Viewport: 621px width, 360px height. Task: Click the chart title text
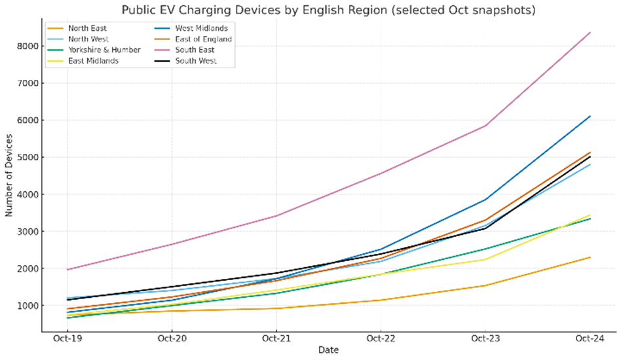328,10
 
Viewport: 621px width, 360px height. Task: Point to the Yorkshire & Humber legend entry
104,50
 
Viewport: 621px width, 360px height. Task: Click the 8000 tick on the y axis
29,46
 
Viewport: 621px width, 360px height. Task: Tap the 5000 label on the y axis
29,158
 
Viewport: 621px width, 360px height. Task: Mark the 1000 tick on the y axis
29,306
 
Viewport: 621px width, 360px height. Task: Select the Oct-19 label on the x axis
67,338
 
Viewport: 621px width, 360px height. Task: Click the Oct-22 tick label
380,338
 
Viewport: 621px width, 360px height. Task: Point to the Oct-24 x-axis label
589,338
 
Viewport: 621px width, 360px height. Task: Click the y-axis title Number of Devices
9,175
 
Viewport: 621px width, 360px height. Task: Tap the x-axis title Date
328,351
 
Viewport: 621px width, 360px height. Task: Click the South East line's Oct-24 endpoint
590,33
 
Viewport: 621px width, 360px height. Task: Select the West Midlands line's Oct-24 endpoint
590,117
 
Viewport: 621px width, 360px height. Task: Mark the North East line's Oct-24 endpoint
590,257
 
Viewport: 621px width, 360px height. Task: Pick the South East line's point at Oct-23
485,126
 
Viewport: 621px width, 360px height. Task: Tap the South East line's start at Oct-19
67,270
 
